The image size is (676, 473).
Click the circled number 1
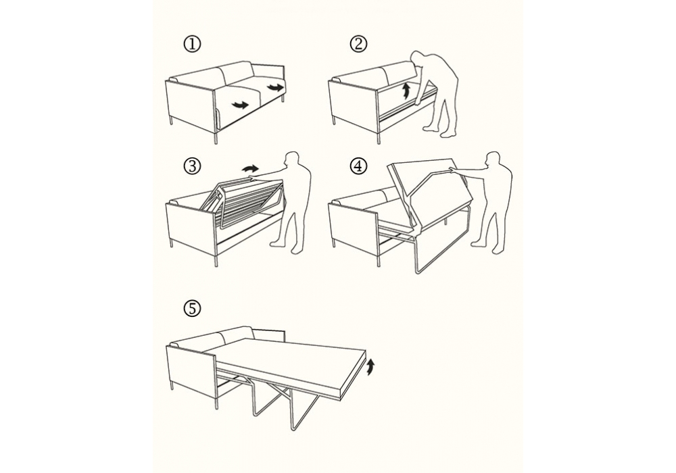click(x=192, y=45)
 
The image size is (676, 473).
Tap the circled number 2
click(x=359, y=44)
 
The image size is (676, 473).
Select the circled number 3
click(x=192, y=166)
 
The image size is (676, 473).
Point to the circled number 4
click(x=359, y=166)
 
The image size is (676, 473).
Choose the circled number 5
click(x=192, y=308)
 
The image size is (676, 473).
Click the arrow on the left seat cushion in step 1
click(x=240, y=104)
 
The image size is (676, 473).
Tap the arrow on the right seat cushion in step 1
click(x=276, y=87)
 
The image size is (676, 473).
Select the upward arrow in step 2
click(x=405, y=92)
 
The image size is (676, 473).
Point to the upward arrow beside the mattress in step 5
click(x=370, y=368)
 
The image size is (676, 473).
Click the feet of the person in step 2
click(x=437, y=130)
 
